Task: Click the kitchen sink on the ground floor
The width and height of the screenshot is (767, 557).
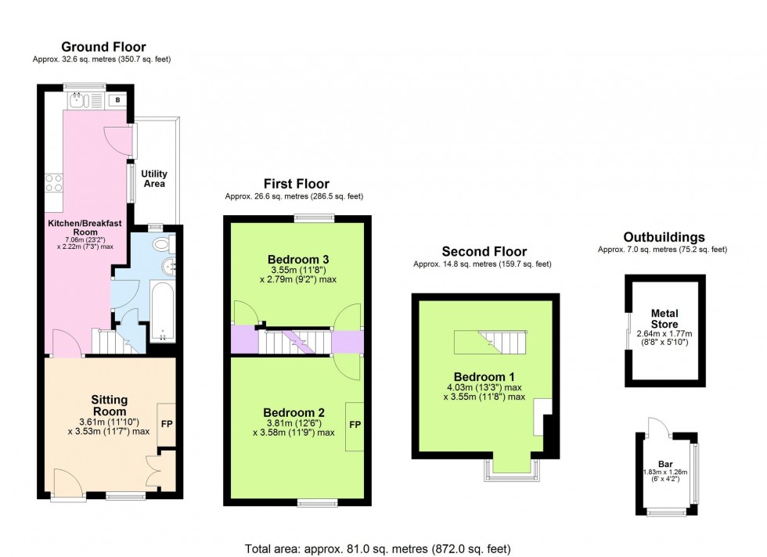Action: pos(79,100)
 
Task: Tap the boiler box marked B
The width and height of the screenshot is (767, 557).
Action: pos(117,100)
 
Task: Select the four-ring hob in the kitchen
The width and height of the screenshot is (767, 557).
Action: pos(54,183)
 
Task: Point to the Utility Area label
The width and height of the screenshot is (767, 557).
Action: pos(154,178)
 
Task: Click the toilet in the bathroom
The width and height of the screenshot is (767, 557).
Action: pos(164,243)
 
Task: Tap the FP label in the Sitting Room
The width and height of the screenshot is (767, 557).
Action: pos(167,424)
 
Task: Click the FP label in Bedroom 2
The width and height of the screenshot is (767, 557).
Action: pos(355,425)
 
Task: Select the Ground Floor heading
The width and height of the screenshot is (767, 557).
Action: pos(103,47)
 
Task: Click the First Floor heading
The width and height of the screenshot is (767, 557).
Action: pos(297,184)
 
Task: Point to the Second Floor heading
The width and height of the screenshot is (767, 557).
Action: pos(484,251)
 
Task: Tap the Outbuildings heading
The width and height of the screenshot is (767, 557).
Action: pos(664,237)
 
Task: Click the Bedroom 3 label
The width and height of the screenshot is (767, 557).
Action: pos(298,259)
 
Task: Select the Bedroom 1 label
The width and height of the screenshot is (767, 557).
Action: pos(484,377)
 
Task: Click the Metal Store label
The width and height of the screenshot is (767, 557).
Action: pos(664,318)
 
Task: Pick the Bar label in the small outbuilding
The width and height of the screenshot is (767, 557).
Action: pos(665,464)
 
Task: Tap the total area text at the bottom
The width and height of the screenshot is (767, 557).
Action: pos(377,548)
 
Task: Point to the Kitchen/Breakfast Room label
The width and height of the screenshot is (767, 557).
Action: pos(85,228)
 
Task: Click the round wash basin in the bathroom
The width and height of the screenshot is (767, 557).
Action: pos(169,266)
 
